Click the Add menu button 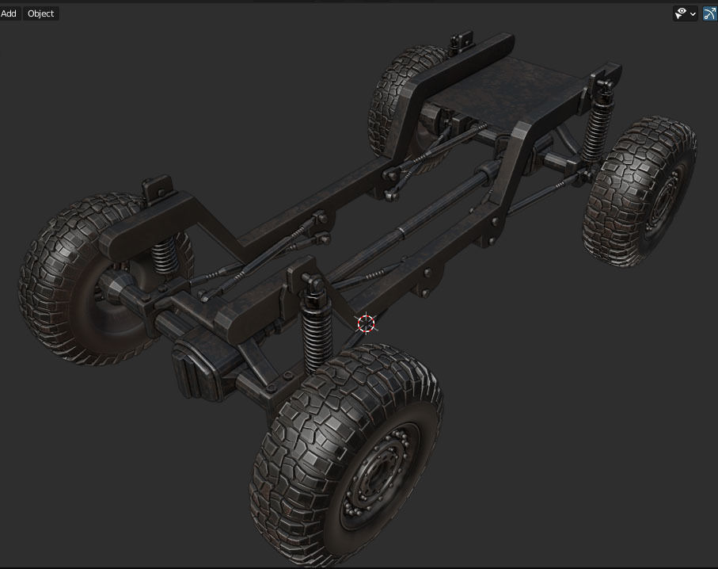[9, 13]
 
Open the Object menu [40, 13]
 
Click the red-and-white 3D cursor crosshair [366, 323]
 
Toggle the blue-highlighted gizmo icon [709, 13]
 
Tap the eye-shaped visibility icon [680, 13]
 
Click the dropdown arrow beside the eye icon [693, 13]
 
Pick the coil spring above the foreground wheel [315, 337]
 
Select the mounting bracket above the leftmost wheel [156, 189]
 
